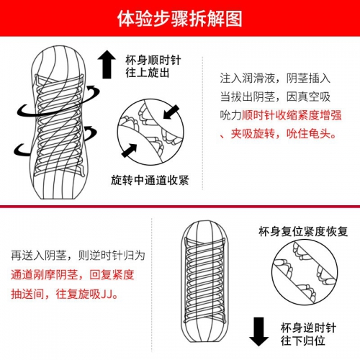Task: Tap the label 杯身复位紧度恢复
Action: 302,231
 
